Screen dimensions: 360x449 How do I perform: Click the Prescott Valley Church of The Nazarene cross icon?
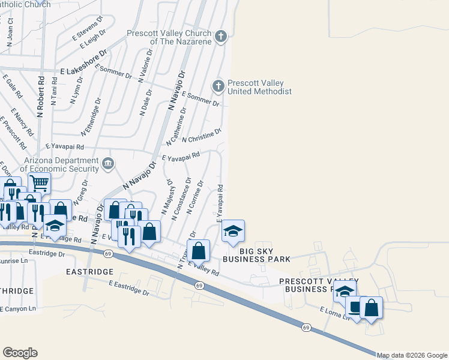pyautogui.click(x=220, y=37)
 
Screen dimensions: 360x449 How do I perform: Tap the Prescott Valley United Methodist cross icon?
pyautogui.click(x=218, y=87)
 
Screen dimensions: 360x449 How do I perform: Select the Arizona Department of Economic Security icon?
pyautogui.click(x=108, y=163)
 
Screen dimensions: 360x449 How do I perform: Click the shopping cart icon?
pyautogui.click(x=39, y=182)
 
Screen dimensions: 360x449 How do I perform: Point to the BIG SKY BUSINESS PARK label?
pyautogui.click(x=256, y=254)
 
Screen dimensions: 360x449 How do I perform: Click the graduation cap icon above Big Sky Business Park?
pyautogui.click(x=233, y=231)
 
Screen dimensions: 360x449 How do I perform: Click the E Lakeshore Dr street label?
pyautogui.click(x=83, y=62)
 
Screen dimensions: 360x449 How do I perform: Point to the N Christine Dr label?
pyautogui.click(x=202, y=135)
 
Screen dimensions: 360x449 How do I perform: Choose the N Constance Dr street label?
pyautogui.click(x=182, y=197)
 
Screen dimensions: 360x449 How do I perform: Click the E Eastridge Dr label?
pyautogui.click(x=128, y=287)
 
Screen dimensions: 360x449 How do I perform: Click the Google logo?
pyautogui.click(x=20, y=352)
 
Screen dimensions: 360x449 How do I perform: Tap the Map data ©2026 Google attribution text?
pyautogui.click(x=412, y=355)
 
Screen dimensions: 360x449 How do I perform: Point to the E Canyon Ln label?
pyautogui.click(x=18, y=308)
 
